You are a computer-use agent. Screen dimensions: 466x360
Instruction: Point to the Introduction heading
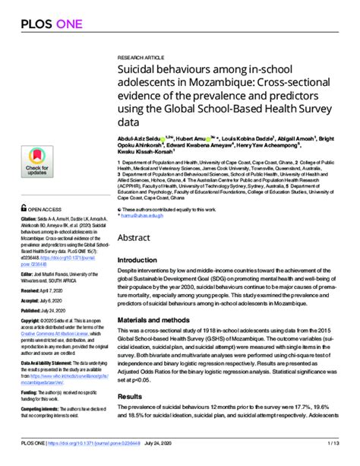[143, 261]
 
